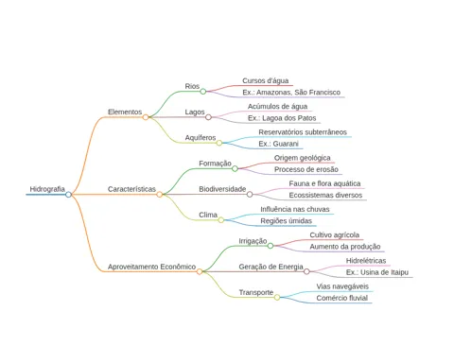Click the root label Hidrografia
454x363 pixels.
point(47,189)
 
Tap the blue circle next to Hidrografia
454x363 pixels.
point(68,195)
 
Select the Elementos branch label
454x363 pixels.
point(125,112)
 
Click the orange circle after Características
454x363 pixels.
point(160,195)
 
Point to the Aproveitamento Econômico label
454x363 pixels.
point(151,267)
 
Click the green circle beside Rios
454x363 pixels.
point(203,92)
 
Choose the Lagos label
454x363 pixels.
point(195,112)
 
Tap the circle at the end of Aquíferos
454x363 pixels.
point(219,143)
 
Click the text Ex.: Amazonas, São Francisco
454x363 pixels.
point(291,93)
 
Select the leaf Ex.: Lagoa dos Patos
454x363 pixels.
point(282,118)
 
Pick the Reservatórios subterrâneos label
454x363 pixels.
point(303,132)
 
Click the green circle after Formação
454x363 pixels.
point(235,168)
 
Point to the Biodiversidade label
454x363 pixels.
point(222,189)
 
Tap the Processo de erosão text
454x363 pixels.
point(306,169)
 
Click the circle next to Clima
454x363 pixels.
point(221,220)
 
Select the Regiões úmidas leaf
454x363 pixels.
point(286,221)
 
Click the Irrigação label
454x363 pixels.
point(253,241)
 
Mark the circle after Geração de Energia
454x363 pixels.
point(306,271)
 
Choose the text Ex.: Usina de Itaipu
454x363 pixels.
point(377,272)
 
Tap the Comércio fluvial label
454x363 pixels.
point(342,298)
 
